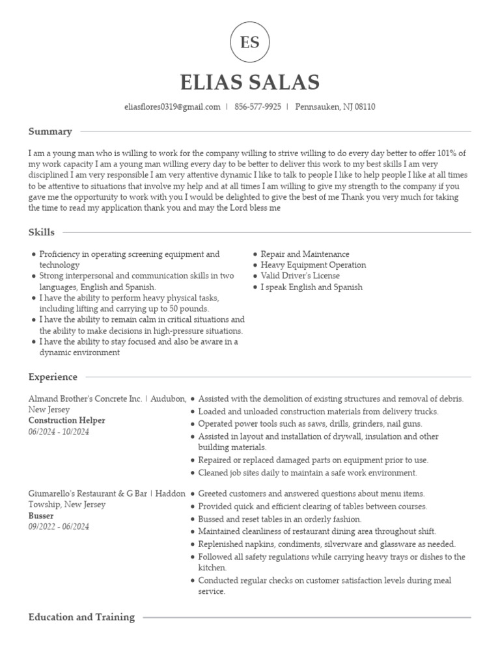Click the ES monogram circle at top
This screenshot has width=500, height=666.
pyautogui.click(x=250, y=43)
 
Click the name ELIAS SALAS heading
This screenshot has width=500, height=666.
pyautogui.click(x=250, y=83)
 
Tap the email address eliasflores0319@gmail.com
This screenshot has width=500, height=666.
pyautogui.click(x=172, y=107)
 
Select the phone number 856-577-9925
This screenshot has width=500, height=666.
pyautogui.click(x=258, y=107)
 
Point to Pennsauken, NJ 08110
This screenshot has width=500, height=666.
pyautogui.click(x=335, y=107)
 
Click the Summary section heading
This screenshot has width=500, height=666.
pyautogui.click(x=50, y=131)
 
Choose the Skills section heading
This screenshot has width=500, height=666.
pyautogui.click(x=42, y=232)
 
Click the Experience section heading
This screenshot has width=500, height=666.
pyautogui.click(x=53, y=377)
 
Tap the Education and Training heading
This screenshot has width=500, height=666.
pyautogui.click(x=81, y=617)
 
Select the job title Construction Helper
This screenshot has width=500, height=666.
pyautogui.click(x=66, y=421)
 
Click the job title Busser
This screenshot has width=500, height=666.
pyautogui.click(x=41, y=516)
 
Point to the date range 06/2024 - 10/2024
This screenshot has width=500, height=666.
pyautogui.click(x=59, y=432)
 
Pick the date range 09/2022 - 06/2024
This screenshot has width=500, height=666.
pyautogui.click(x=59, y=527)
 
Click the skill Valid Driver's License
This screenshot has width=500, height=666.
pyautogui.click(x=300, y=276)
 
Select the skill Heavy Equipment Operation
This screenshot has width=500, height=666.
pyautogui.click(x=313, y=265)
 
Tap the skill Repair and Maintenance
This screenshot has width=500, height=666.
pyautogui.click(x=305, y=254)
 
